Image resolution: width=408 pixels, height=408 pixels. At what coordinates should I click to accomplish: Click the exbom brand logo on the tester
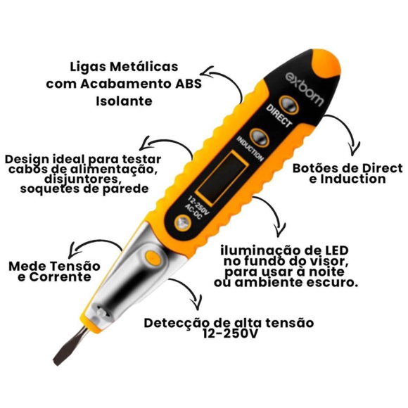click(305, 89)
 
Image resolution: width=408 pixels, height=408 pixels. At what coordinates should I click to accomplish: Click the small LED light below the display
click(183, 223)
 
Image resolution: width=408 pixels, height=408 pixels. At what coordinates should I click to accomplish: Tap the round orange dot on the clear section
click(153, 257)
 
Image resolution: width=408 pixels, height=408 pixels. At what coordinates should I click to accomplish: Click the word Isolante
click(124, 101)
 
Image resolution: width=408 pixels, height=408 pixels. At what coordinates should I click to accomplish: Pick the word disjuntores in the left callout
click(83, 179)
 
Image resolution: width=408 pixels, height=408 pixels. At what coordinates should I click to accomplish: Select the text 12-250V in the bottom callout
click(230, 333)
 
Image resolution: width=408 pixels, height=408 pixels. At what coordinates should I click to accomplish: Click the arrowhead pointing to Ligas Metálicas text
click(209, 73)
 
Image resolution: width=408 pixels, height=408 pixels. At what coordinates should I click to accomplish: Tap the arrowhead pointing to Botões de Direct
click(354, 150)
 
